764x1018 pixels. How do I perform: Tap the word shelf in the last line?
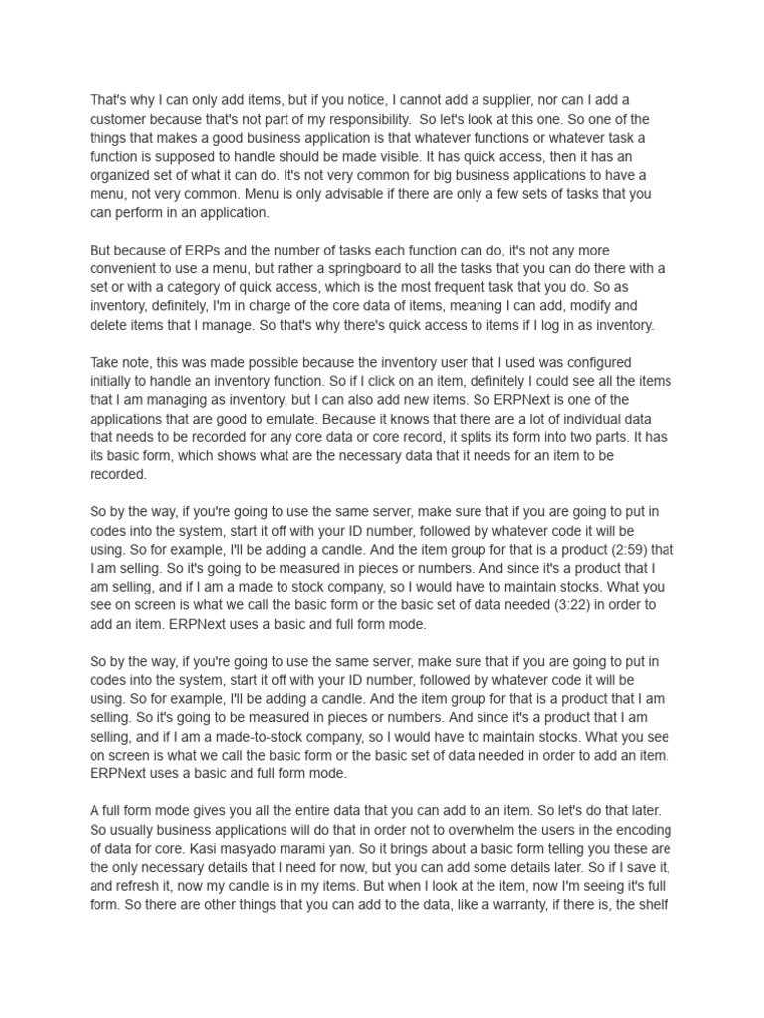pyautogui.click(x=656, y=904)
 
